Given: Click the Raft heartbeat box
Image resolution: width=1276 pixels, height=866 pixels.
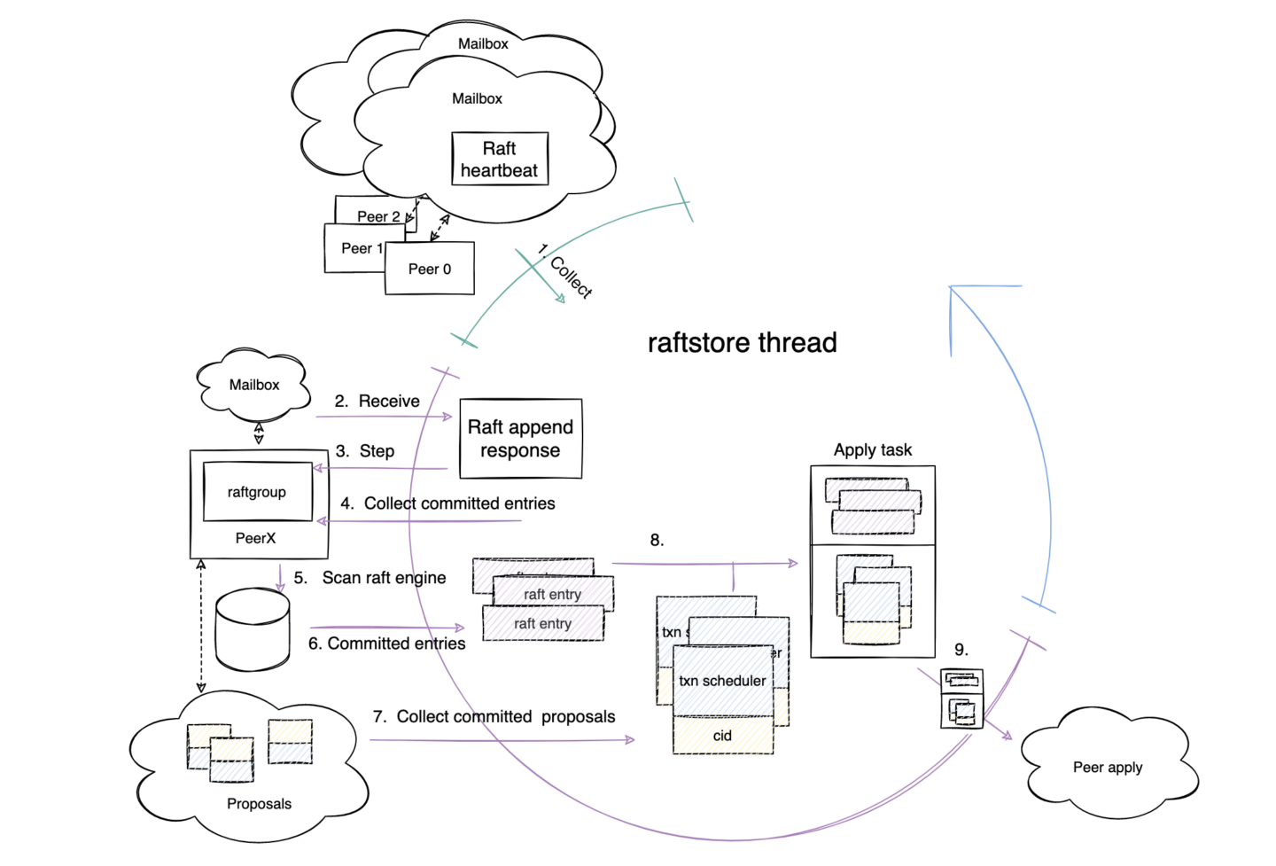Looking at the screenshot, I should (x=500, y=160).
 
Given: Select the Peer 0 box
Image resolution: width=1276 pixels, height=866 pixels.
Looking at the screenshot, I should (x=430, y=269).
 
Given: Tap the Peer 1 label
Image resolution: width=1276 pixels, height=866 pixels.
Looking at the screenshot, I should (x=362, y=248).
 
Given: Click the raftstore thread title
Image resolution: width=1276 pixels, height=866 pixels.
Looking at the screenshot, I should (x=742, y=343).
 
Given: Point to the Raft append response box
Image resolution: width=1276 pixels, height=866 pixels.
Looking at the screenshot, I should (x=520, y=439).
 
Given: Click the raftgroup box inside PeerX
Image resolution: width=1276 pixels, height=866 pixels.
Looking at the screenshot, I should (x=257, y=492).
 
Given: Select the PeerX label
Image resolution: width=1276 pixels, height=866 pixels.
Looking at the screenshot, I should (x=255, y=538).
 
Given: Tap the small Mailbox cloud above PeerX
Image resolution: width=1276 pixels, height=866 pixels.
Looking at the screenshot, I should (x=254, y=385).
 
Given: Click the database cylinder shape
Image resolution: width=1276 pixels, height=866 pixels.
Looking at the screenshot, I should (x=253, y=629).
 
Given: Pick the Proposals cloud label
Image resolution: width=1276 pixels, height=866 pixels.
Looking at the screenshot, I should (x=259, y=804).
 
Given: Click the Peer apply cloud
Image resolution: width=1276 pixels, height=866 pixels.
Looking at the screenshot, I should (x=1108, y=767).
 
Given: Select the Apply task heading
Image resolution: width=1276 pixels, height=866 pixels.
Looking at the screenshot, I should (x=872, y=450).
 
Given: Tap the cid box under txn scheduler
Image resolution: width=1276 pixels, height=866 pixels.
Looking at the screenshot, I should (x=722, y=736).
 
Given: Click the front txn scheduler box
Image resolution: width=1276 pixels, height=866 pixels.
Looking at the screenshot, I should (x=722, y=681).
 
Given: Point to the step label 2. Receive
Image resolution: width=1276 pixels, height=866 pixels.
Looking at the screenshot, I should (x=377, y=402).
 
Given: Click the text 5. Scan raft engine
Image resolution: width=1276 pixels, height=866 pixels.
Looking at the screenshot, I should (x=370, y=578).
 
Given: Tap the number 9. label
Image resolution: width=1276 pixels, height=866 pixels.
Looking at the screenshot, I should (x=961, y=650).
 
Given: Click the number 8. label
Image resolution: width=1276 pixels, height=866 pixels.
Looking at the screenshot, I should (x=657, y=541).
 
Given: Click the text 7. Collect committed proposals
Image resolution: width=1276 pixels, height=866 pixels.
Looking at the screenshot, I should (x=494, y=716).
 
